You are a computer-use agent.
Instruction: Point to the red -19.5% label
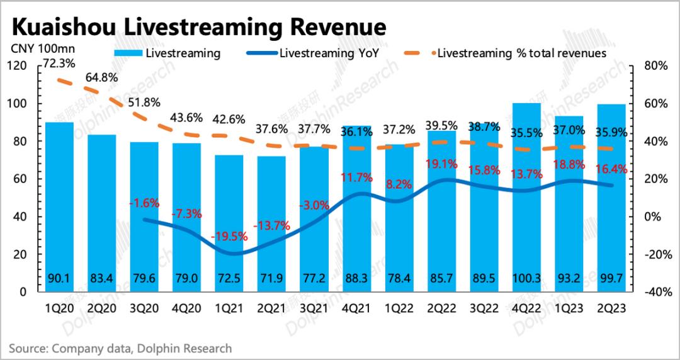click(x=230, y=239)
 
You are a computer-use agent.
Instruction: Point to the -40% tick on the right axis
click(x=654, y=292)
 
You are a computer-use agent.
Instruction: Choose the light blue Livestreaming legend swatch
click(x=128, y=53)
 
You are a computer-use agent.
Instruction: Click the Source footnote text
click(x=120, y=348)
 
